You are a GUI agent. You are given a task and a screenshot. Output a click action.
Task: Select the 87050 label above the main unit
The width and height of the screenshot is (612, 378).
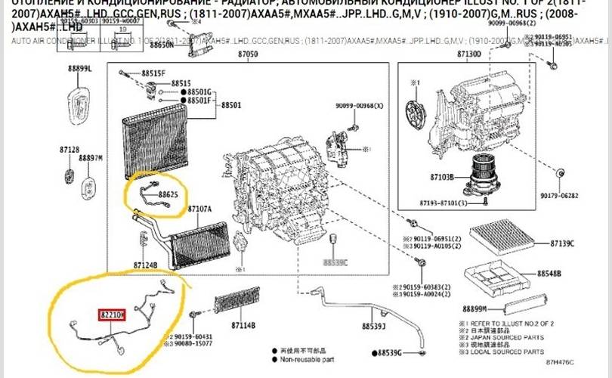248,54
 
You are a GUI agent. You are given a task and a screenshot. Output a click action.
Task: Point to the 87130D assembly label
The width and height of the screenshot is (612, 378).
468,54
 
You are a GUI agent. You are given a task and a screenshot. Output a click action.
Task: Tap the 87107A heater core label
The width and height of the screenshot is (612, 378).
199,208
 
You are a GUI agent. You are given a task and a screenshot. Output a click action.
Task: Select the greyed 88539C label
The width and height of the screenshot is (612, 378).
335,262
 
